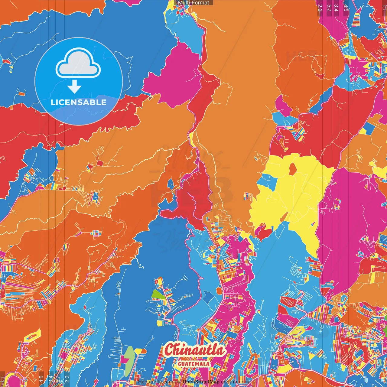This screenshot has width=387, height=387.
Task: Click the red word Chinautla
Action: click(195, 350)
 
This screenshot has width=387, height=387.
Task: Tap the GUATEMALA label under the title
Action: click(193, 364)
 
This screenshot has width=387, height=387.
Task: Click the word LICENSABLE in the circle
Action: click(79, 102)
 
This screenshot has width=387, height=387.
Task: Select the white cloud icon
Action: click(78, 63)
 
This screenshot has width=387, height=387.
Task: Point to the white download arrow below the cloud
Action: click(74, 87)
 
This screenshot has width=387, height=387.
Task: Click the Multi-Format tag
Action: click(193, 3)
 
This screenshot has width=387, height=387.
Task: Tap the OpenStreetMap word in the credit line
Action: click(201, 382)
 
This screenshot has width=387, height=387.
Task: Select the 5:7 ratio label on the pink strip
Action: click(329, 8)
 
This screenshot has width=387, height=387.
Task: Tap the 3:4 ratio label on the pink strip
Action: click(336, 8)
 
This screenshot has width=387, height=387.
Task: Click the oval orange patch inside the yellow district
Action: click(292, 169)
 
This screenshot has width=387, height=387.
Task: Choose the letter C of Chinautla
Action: click(170, 350)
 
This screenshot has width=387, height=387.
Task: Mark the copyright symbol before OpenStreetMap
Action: click(179, 382)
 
